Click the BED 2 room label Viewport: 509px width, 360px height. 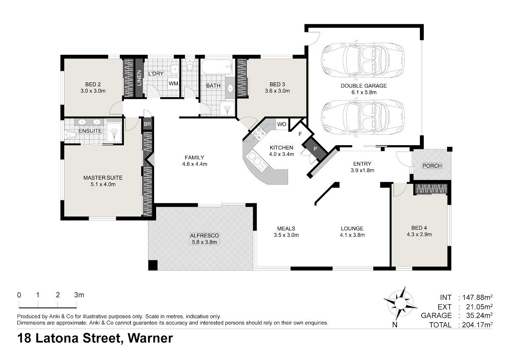pos(93,84)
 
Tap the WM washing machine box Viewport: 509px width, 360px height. pos(173,84)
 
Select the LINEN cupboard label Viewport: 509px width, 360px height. pos(139,78)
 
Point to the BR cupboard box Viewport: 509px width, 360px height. pos(148,124)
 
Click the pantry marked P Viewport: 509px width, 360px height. pos(315,149)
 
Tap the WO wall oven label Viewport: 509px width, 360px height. pos(282,124)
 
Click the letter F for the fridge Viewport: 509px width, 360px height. pos(300,134)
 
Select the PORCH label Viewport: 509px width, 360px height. pos(432,166)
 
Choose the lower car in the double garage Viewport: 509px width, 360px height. pos(362,117)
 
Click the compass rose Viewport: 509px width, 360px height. pos(400,304)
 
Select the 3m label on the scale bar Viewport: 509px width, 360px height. pos(79,295)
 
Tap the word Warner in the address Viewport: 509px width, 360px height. pos(151,338)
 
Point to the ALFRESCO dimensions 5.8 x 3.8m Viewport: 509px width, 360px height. pos(204,242)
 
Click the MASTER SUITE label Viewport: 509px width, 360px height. pos(103,178)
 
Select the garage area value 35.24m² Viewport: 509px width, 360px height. pos(479,315)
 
